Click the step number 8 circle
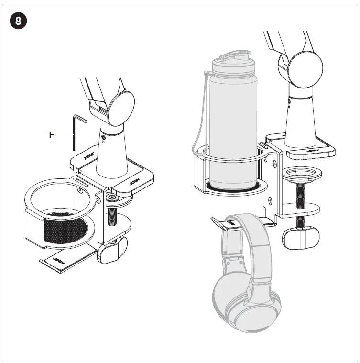click(18, 21)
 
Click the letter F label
click(52, 135)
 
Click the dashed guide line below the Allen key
click(76, 165)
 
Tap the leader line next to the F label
click(64, 135)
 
